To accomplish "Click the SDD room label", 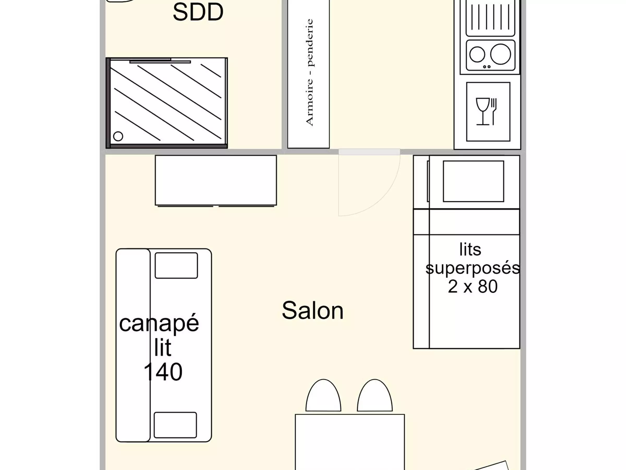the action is pos(198,12).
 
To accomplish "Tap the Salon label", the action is pos(313,310).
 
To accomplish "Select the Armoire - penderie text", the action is pos(309,72).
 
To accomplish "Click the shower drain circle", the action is pos(118,136).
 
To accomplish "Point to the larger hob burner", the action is pos(500,54).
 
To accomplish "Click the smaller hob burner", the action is pos(477,54).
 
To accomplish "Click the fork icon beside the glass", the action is pos(493,111).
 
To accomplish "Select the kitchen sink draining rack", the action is pos(490,18).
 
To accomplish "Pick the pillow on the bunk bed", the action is pos(473,181).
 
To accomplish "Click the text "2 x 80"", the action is pos(473,286).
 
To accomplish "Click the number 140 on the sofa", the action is pos(163,372).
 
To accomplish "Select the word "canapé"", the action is pos(159,324).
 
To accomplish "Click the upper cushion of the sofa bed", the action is pos(176,266).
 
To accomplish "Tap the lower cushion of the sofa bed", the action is pos(175,425).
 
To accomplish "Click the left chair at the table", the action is pos(323,395).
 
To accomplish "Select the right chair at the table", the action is pos(375,395).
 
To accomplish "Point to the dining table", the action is pos(350,442).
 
